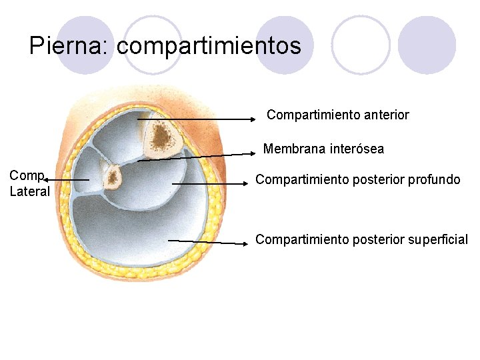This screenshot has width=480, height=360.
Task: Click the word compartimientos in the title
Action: tap(209, 46)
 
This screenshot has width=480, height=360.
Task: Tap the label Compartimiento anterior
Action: tap(338, 115)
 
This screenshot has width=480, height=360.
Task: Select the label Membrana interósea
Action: tap(323, 149)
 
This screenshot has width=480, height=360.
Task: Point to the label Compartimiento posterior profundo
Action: tap(358, 179)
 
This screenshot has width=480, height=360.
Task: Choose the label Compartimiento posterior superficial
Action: tap(362, 239)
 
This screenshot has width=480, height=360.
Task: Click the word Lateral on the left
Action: tap(29, 192)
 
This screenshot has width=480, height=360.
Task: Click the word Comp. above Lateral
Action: tap(27, 176)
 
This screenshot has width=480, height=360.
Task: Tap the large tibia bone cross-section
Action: tap(161, 138)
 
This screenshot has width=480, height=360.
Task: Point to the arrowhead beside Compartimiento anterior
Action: tap(253, 119)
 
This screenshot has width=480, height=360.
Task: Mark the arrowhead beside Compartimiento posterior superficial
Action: tap(245, 243)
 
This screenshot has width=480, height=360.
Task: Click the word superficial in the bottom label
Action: tap(435, 239)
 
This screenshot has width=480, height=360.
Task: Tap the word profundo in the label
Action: tap(434, 179)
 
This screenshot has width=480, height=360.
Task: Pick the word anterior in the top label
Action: tap(387, 115)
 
